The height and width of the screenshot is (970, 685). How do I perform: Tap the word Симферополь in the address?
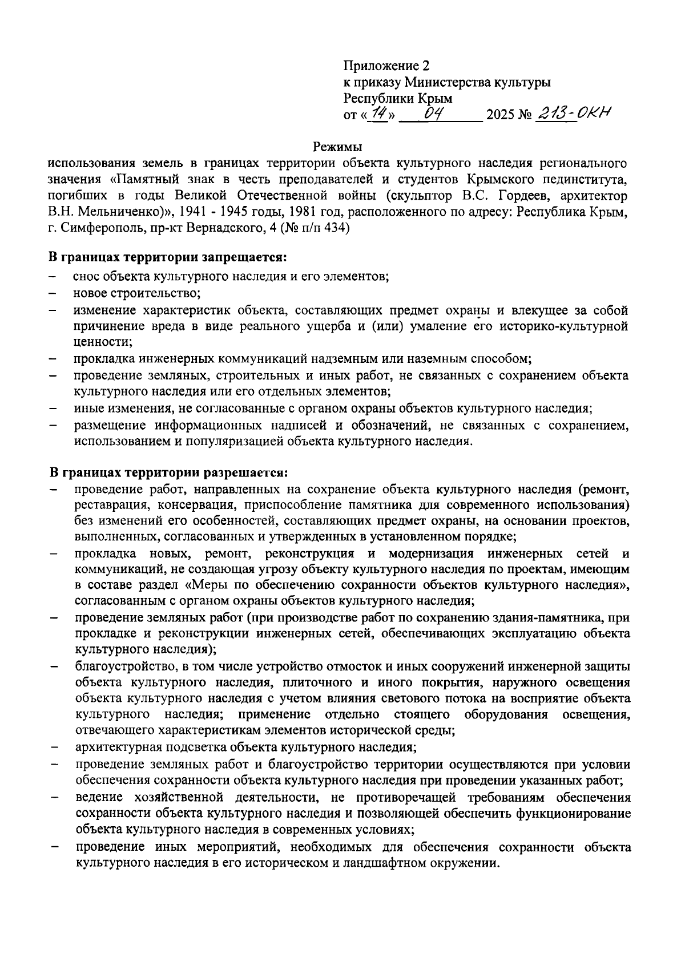[x=97, y=229]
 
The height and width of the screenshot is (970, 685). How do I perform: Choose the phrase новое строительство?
[x=136, y=294]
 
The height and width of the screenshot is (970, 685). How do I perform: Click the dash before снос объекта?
[x=53, y=278]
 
